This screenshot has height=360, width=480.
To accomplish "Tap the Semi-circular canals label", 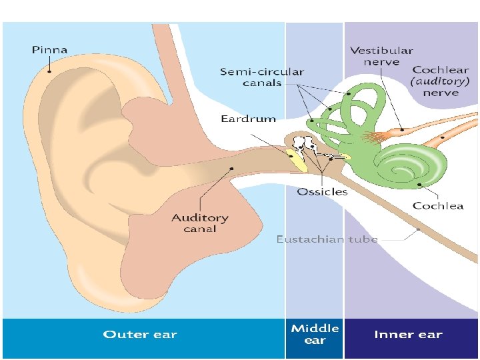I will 262,77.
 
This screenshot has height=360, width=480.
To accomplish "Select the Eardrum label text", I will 248,119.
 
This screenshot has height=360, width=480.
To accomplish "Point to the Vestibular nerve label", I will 381,56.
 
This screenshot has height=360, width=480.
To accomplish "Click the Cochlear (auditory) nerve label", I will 440,81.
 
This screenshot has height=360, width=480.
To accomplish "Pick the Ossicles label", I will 322,191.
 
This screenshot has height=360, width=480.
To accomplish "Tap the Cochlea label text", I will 438,205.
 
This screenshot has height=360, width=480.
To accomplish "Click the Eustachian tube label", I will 327,239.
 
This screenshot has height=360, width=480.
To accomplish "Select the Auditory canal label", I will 199,223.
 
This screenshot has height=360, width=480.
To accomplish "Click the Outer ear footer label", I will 140,335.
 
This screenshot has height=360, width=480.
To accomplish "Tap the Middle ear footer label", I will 315,334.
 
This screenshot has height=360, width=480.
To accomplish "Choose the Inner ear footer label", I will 408,335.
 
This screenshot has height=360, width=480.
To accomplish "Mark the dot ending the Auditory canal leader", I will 231,168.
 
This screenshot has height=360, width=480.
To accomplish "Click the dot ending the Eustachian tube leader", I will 418,230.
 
